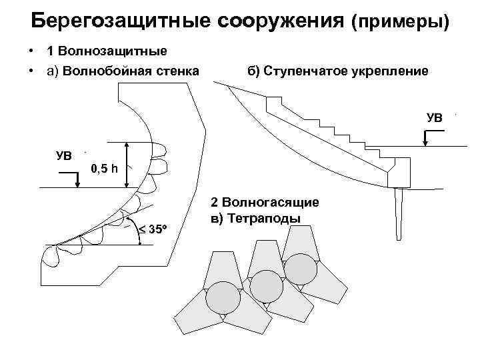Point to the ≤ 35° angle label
[x=152, y=230]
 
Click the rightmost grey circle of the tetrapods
[x=301, y=268]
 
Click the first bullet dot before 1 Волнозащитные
[x=31, y=51]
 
